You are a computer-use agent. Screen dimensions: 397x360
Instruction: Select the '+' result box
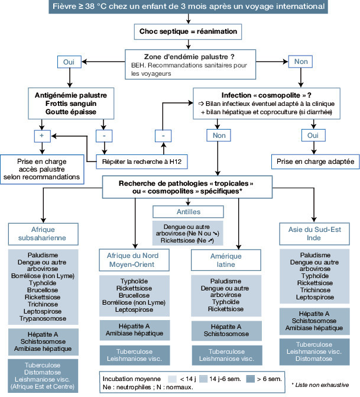pyautogui.click(x=42, y=135)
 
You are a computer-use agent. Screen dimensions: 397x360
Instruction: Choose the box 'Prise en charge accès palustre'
pyautogui.click(x=41, y=169)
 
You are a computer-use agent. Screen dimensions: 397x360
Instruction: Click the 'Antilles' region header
pyautogui.click(x=180, y=211)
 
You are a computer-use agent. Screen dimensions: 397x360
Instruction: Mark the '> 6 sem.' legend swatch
pyautogui.click(x=258, y=377)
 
